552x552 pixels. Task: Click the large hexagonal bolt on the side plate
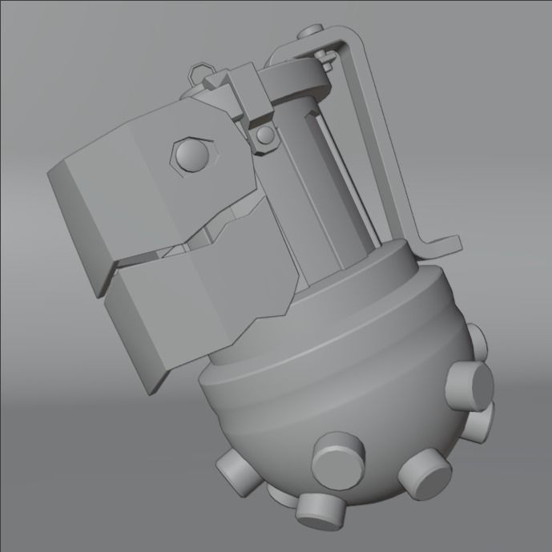[191, 152]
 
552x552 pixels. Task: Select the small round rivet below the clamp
[264, 139]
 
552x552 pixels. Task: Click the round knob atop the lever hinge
[308, 34]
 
